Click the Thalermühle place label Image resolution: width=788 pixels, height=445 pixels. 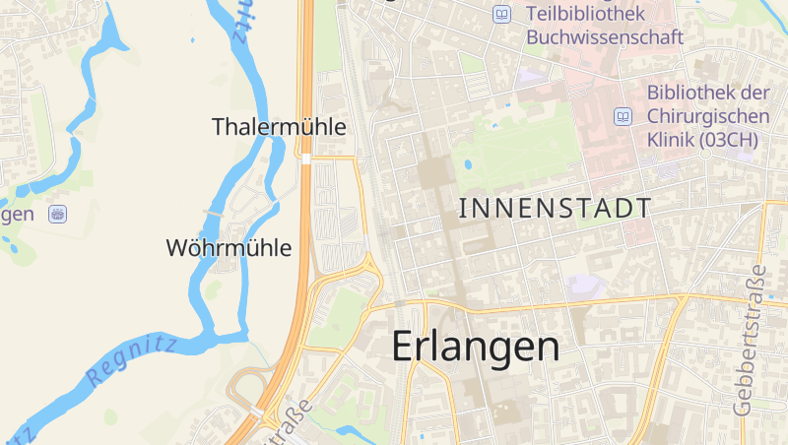279,127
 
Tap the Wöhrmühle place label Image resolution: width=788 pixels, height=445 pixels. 230,248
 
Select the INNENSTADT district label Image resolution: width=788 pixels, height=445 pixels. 556,208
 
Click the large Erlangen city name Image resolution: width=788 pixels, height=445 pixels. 476,346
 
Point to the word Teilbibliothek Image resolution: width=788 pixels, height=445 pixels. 585,14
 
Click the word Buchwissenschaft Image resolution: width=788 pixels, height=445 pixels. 605,37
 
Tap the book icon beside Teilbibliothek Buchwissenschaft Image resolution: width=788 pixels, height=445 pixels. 503,15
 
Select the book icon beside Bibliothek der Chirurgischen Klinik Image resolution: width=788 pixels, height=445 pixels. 623,116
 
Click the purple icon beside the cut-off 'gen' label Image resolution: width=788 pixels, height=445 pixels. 58,213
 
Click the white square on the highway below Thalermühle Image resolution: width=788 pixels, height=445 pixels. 307,159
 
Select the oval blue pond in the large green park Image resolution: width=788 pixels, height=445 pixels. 467,165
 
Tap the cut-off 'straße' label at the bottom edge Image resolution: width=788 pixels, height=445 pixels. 287,424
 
